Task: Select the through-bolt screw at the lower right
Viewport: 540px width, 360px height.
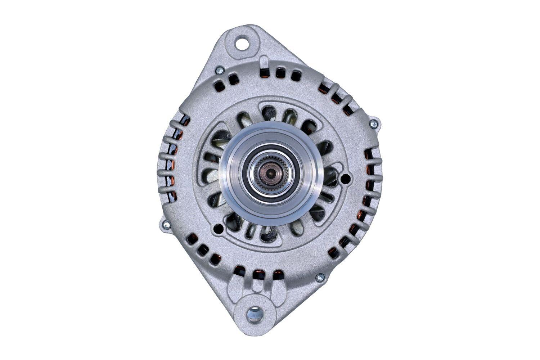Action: [x=319, y=277]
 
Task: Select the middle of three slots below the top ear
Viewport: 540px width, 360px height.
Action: [x=278, y=73]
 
